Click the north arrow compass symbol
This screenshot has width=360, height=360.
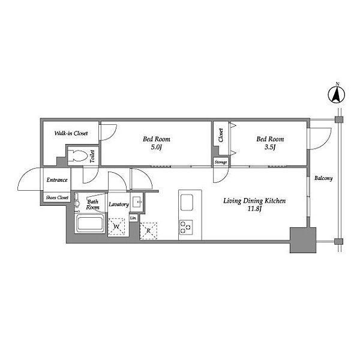click(337, 94)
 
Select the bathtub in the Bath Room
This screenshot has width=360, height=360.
click(90, 224)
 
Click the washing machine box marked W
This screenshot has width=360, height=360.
click(116, 227)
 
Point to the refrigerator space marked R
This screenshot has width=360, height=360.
click(149, 231)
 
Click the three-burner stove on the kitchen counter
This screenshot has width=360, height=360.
click(186, 227)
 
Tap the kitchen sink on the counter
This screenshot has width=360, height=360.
click(187, 202)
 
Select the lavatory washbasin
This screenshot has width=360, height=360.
click(137, 202)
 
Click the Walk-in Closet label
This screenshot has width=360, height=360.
click(71, 133)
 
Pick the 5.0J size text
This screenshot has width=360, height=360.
click(156, 147)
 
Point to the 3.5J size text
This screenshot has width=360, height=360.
click(270, 147)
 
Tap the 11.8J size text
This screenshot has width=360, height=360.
click(254, 209)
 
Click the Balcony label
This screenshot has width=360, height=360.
click(323, 178)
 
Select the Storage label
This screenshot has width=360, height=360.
click(221, 163)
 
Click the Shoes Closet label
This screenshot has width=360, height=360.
click(57, 197)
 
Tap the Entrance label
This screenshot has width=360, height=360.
click(57, 180)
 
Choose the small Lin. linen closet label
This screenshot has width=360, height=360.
click(133, 218)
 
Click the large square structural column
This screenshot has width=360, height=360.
click(303, 240)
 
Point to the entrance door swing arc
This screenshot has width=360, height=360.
click(25, 174)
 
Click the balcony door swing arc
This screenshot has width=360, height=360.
click(326, 143)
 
